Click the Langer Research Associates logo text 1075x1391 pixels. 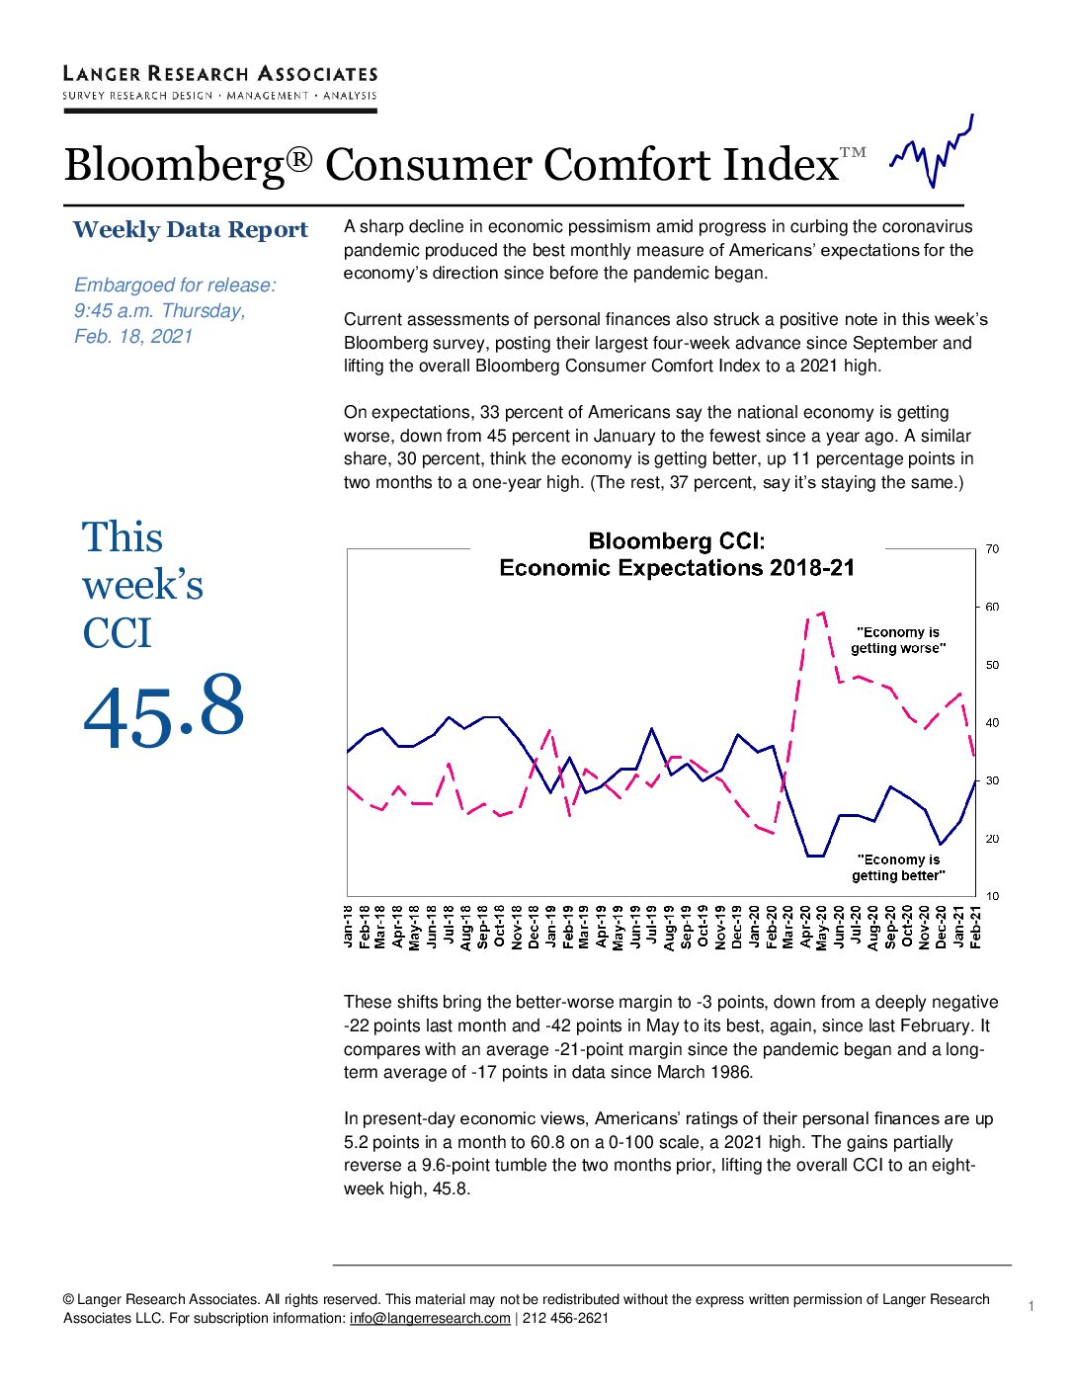[219, 74]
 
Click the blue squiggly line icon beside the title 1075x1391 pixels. [932, 151]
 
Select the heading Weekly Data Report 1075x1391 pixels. [190, 230]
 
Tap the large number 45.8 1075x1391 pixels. [163, 710]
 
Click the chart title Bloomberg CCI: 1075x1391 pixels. [676, 541]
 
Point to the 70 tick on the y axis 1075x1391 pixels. [992, 548]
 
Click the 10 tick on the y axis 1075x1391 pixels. [992, 896]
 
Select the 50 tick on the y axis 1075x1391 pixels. [992, 665]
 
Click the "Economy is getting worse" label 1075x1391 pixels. [898, 640]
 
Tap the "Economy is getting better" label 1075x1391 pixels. [898, 867]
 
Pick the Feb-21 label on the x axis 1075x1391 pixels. [975, 927]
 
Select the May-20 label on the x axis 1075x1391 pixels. [822, 928]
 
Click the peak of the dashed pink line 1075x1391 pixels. [823, 613]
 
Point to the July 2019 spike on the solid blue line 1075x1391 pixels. [652, 728]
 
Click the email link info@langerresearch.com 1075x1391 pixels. [430, 1318]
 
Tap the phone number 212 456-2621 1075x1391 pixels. [565, 1318]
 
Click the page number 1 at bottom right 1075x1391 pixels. [1032, 1306]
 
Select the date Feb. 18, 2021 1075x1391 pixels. [133, 337]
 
